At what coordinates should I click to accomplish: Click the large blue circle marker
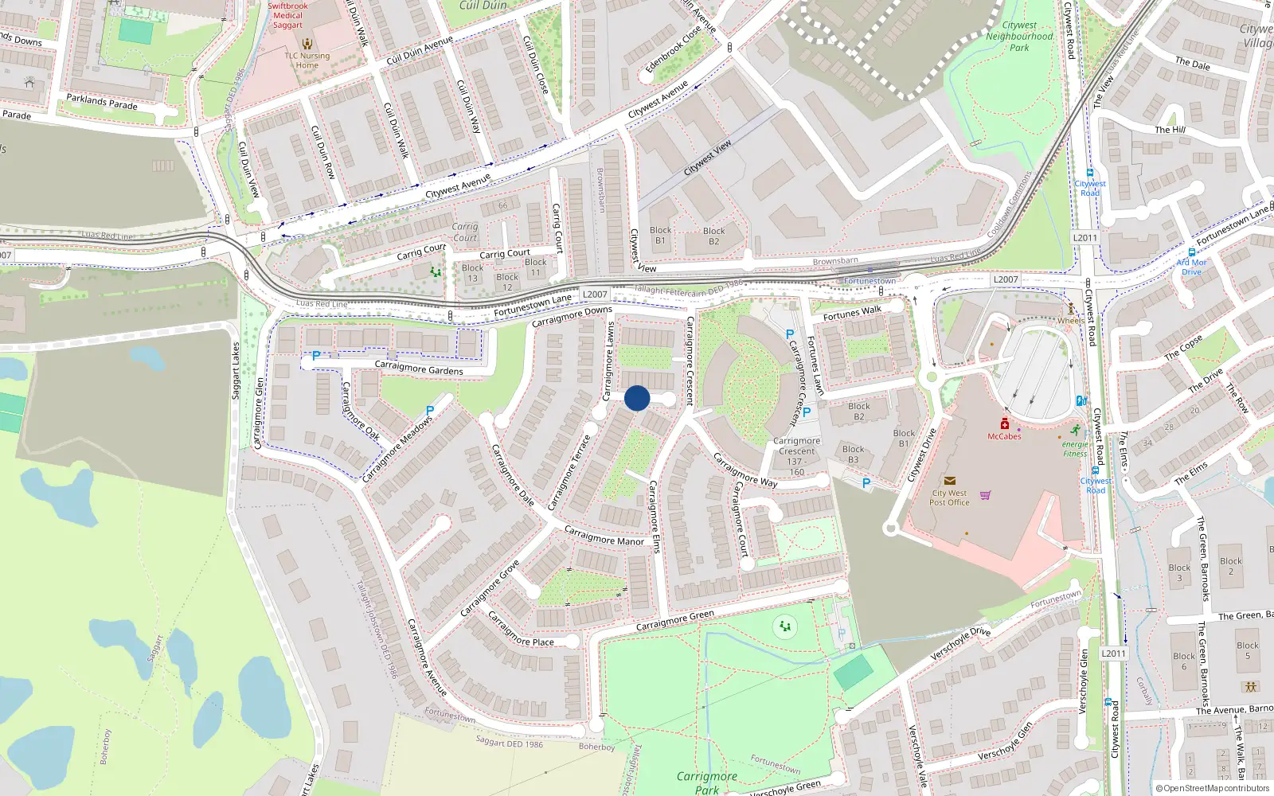click(x=637, y=398)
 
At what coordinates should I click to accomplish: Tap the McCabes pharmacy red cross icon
click(x=1005, y=424)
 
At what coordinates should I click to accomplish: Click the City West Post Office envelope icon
click(x=949, y=481)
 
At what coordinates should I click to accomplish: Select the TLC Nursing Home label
click(x=307, y=60)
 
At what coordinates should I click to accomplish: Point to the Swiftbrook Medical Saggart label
click(x=287, y=15)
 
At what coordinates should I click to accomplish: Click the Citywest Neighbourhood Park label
click(x=1019, y=37)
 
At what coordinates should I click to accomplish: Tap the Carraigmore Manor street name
click(x=604, y=536)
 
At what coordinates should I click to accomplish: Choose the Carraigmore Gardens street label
click(x=418, y=368)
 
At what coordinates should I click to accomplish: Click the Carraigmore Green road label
click(x=674, y=621)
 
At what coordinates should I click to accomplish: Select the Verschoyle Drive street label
click(x=960, y=643)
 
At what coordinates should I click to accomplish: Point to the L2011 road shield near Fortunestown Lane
click(x=1084, y=237)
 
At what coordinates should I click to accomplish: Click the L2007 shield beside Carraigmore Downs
click(x=595, y=295)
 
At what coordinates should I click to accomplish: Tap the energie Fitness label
click(x=1075, y=449)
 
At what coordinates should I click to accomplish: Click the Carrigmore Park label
click(x=707, y=782)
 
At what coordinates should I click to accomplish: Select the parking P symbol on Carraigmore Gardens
click(x=316, y=356)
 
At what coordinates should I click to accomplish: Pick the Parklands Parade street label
click(x=102, y=102)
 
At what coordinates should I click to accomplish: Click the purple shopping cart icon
click(x=986, y=495)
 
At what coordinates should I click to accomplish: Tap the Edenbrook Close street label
click(x=673, y=50)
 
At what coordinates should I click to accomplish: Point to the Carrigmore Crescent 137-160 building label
click(x=796, y=456)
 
